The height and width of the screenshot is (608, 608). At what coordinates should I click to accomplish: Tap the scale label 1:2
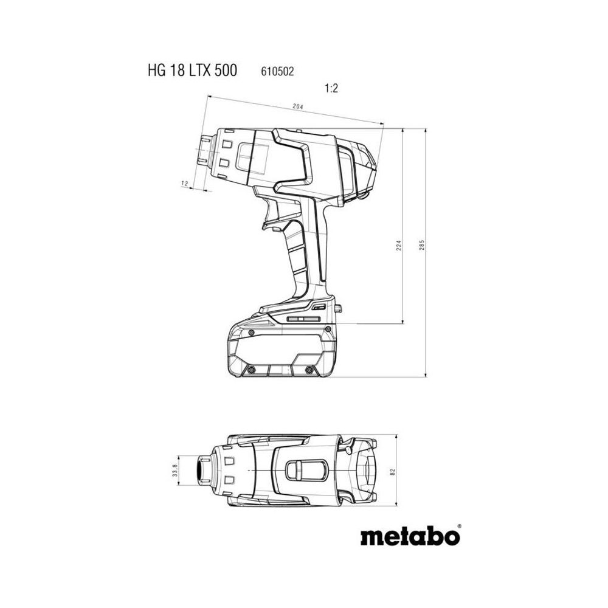tap(330, 88)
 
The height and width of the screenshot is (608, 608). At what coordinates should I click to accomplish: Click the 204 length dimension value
tap(297, 107)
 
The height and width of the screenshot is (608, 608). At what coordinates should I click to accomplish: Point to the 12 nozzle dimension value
tap(184, 183)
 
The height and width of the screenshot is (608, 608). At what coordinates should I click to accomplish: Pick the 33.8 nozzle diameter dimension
tap(174, 471)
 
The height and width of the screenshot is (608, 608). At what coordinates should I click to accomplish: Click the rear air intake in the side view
tap(362, 170)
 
